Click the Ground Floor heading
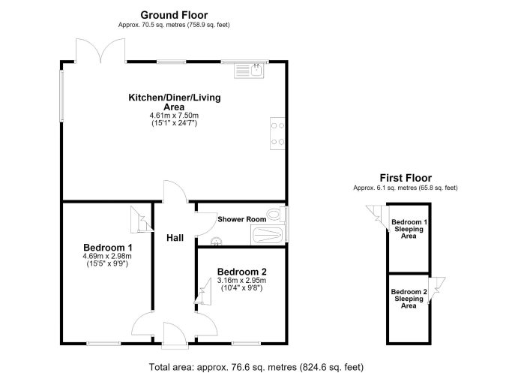click(174, 15)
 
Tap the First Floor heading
click(406, 178)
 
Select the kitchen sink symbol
click(249, 71)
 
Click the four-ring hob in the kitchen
click(277, 134)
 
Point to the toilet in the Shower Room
click(277, 215)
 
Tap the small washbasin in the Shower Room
click(216, 242)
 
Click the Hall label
click(175, 238)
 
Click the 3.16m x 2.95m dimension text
click(241, 281)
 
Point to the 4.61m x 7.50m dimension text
click(174, 116)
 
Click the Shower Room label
click(241, 219)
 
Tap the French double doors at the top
click(100, 51)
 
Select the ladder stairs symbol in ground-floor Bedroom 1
click(142, 219)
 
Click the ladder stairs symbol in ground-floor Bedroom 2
click(203, 292)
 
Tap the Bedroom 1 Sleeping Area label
click(409, 229)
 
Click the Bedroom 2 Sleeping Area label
click(409, 299)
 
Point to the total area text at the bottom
click(256, 367)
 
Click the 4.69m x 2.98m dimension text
click(107, 256)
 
